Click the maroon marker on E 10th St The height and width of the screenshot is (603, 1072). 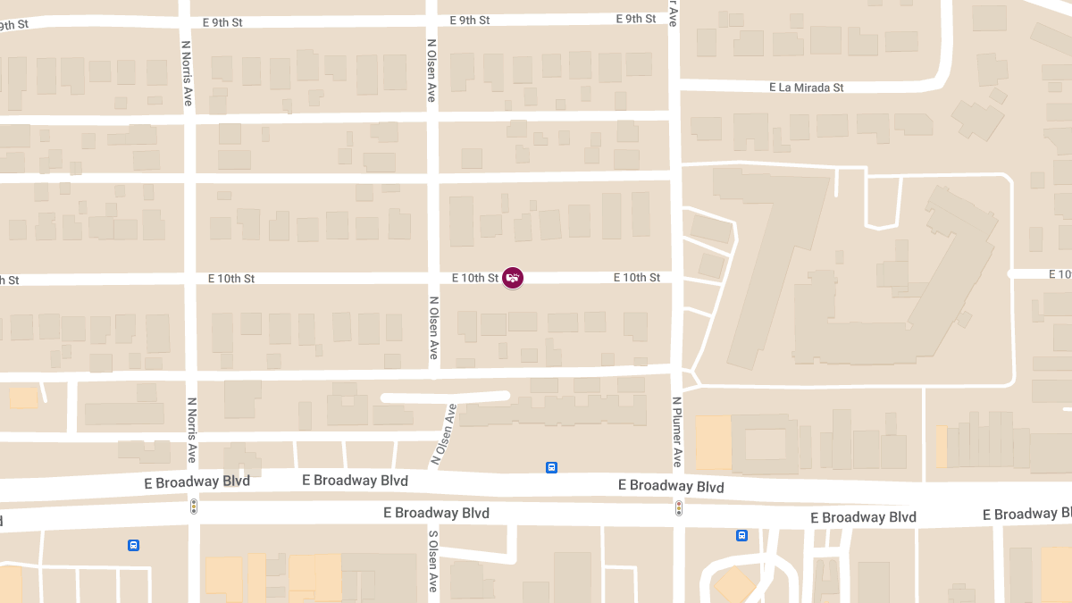[513, 278]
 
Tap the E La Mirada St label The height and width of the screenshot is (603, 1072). [807, 88]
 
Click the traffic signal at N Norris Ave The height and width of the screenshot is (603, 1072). [193, 507]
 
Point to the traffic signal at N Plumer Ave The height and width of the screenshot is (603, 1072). [678, 508]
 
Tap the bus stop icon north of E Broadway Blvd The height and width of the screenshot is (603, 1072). [551, 467]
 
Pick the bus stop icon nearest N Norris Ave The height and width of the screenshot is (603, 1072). [133, 545]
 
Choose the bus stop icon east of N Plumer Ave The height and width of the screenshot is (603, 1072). [741, 535]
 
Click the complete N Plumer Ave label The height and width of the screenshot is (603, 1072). [676, 432]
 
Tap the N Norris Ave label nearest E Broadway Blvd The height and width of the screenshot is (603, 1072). [191, 430]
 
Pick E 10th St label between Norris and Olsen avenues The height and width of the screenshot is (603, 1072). [231, 279]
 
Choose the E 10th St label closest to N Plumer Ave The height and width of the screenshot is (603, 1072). [636, 278]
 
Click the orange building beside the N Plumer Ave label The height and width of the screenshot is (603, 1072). [713, 442]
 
